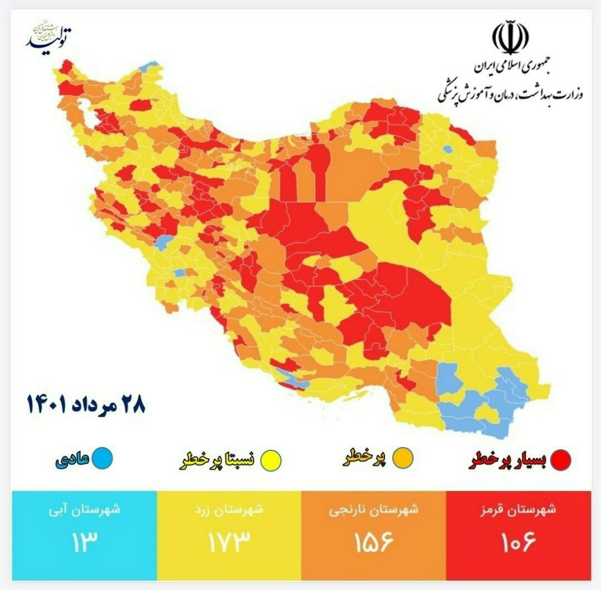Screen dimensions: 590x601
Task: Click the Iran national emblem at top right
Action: click(x=510, y=37)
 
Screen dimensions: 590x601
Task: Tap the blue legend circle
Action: click(x=102, y=458)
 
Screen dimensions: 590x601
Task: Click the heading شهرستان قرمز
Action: click(x=518, y=509)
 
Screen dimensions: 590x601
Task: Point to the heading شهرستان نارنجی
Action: click(x=373, y=509)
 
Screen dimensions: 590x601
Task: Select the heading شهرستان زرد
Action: click(x=228, y=509)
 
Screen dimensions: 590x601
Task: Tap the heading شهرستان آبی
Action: click(x=83, y=509)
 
